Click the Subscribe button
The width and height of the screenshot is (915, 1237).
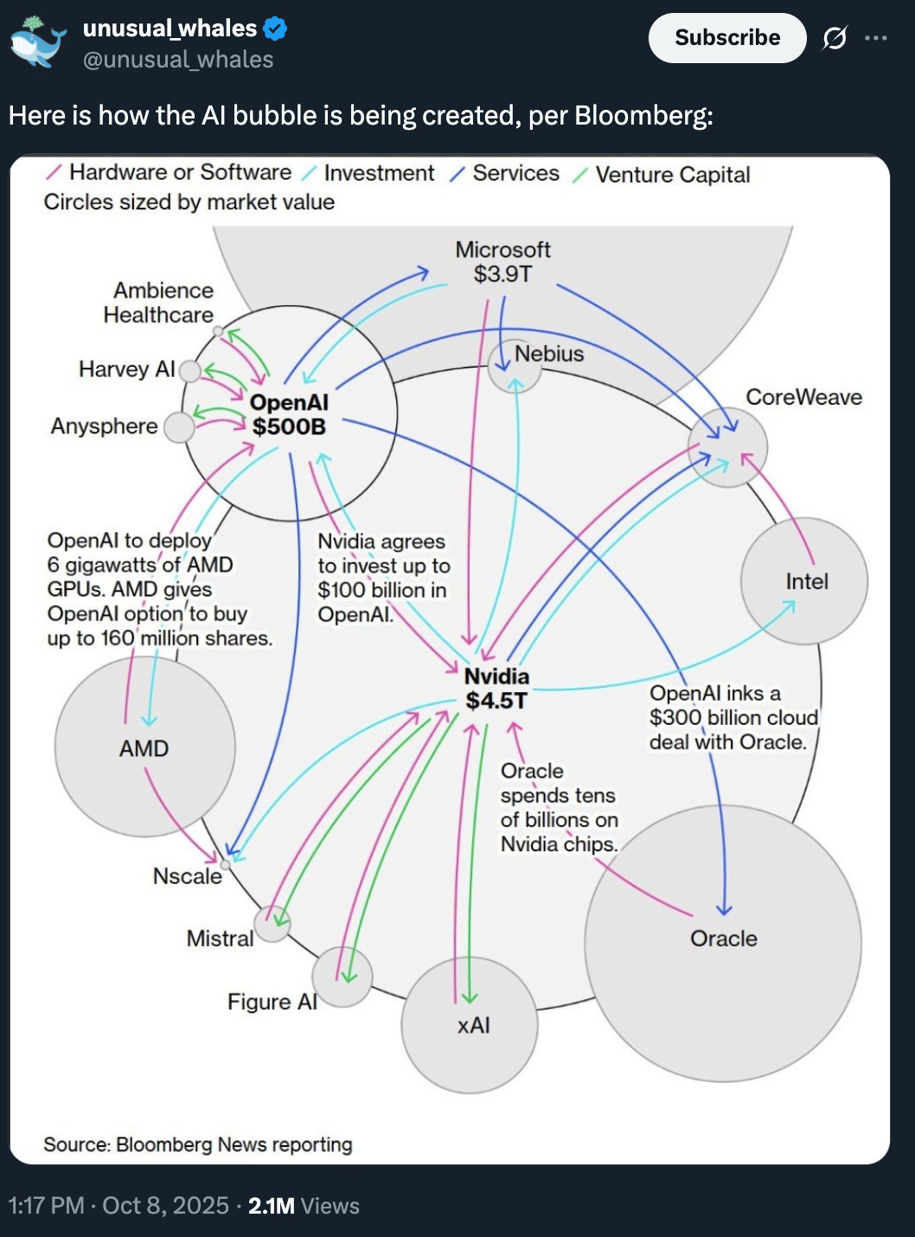tap(726, 38)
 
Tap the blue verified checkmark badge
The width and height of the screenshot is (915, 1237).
tap(275, 29)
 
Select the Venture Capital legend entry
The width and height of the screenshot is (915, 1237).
tap(672, 175)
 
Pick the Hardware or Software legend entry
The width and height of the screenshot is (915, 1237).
tap(180, 173)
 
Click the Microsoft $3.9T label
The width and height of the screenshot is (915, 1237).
tap(502, 262)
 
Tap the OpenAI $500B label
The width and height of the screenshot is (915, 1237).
tap(289, 414)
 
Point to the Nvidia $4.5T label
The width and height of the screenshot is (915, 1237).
tap(496, 689)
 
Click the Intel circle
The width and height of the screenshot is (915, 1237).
tap(804, 581)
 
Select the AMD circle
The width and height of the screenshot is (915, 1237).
tap(144, 747)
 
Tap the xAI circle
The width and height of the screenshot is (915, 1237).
tap(470, 1025)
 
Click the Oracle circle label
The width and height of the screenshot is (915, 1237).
tap(723, 939)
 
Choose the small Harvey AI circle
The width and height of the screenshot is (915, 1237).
tap(189, 371)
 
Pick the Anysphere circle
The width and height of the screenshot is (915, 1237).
tap(179, 427)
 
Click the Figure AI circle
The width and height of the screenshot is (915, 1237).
tap(342, 977)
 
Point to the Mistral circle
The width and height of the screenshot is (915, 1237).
tap(272, 925)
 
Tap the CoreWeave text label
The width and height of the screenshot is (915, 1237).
tap(803, 397)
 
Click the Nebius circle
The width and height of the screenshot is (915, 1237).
tap(515, 365)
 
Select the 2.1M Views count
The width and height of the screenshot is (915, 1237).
tap(304, 1206)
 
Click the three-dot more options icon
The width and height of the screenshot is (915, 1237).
tap(876, 38)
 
